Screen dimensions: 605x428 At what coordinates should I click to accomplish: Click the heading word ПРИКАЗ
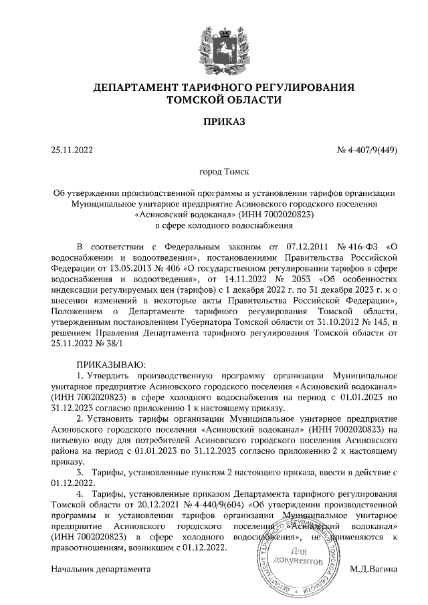(215, 122)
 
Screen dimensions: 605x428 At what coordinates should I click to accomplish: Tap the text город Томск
(215, 172)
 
